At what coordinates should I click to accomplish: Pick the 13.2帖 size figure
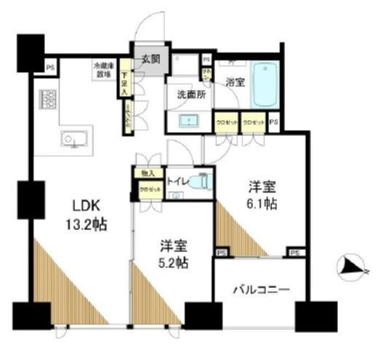[x=86, y=225]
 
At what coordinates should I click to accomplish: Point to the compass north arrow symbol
[x=351, y=268]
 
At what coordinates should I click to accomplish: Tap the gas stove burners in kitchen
[x=49, y=99]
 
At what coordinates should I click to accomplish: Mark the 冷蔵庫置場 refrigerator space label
[x=101, y=70]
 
